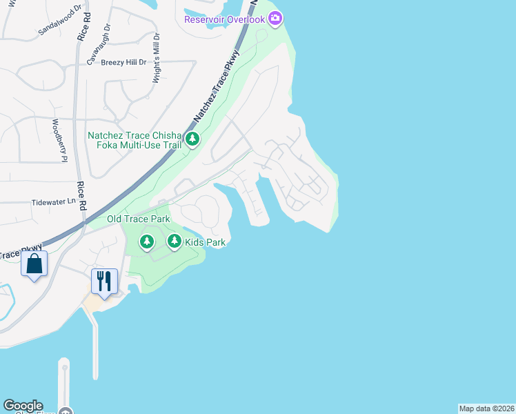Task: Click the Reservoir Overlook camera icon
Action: pyautogui.click(x=275, y=19)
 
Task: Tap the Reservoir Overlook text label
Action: pyautogui.click(x=225, y=19)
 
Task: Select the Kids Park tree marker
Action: pyautogui.click(x=175, y=241)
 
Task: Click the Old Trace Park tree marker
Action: pyautogui.click(x=146, y=241)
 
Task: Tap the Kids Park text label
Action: pyautogui.click(x=206, y=242)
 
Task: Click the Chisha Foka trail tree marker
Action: pyautogui.click(x=193, y=140)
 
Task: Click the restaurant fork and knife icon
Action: pyautogui.click(x=105, y=281)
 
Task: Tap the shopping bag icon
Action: pyautogui.click(x=34, y=264)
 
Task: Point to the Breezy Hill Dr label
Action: pyautogui.click(x=124, y=62)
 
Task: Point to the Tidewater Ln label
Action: pyautogui.click(x=53, y=202)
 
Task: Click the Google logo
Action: pyautogui.click(x=23, y=406)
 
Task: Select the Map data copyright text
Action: pyautogui.click(x=486, y=408)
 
